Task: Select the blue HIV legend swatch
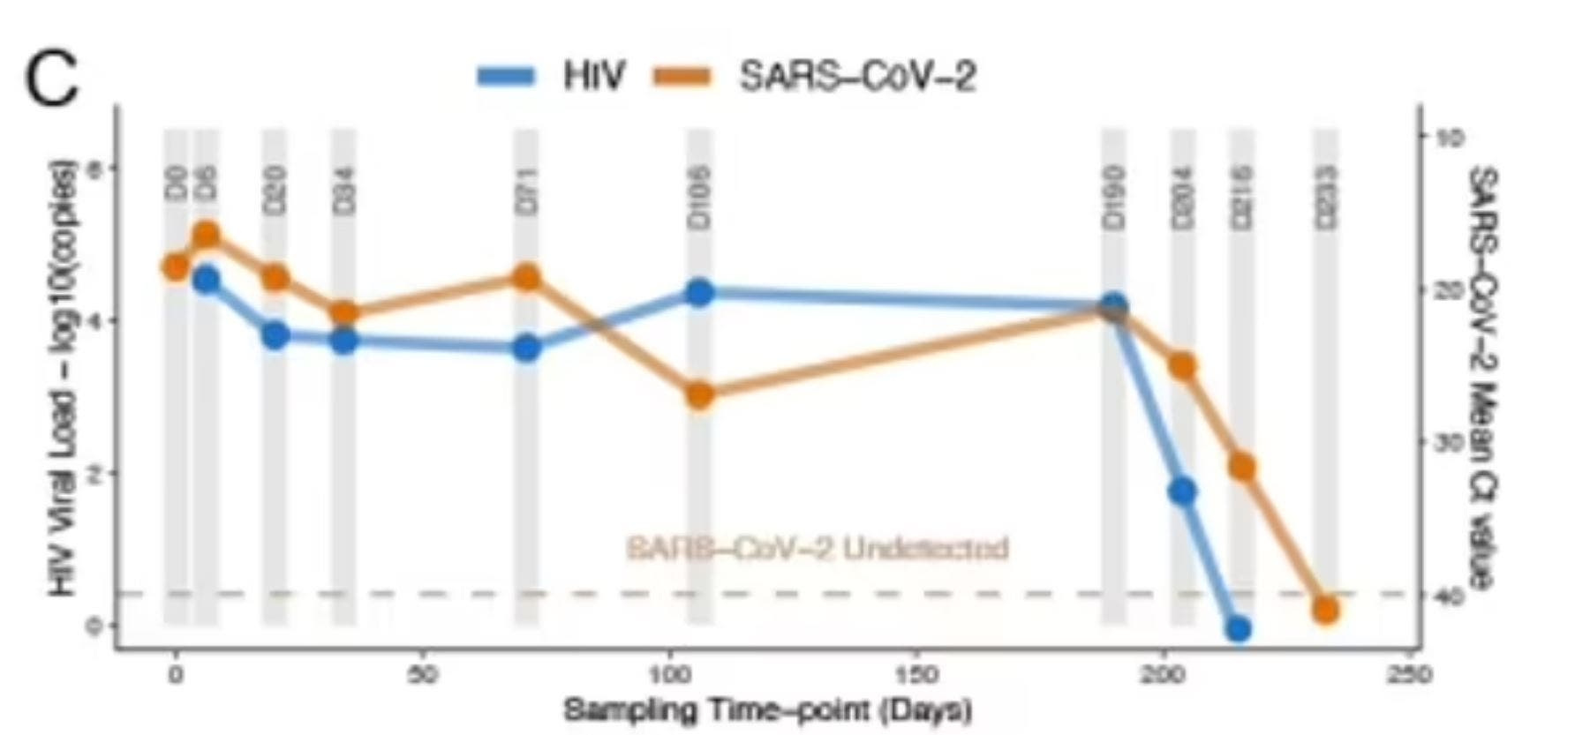tap(506, 77)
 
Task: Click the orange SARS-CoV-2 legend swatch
tap(681, 77)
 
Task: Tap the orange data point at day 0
tap(176, 266)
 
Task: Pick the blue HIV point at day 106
tap(700, 292)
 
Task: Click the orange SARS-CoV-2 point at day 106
tap(700, 395)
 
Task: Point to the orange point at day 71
tap(527, 277)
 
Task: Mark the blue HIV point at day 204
tap(1183, 491)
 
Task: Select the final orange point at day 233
tap(1325, 611)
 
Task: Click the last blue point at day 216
tap(1239, 629)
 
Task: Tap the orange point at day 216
tap(1242, 467)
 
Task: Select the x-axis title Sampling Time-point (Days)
tap(767, 709)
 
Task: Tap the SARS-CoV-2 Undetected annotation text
tap(817, 548)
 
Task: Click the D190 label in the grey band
tap(1114, 199)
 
